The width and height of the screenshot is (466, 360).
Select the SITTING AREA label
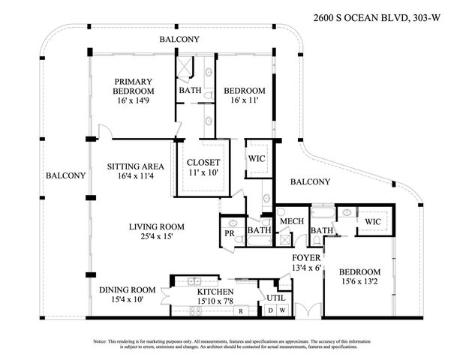point(131,166)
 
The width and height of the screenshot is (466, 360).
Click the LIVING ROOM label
point(157,226)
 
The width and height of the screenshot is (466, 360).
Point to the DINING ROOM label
point(128,289)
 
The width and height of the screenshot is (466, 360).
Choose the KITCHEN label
point(215,292)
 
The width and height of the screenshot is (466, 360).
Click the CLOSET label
point(203,162)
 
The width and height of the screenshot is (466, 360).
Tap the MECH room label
point(290,222)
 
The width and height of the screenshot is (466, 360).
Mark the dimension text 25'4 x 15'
point(157,237)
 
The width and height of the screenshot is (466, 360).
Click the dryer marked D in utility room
point(272,310)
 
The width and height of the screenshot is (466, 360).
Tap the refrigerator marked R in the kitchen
point(239,310)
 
